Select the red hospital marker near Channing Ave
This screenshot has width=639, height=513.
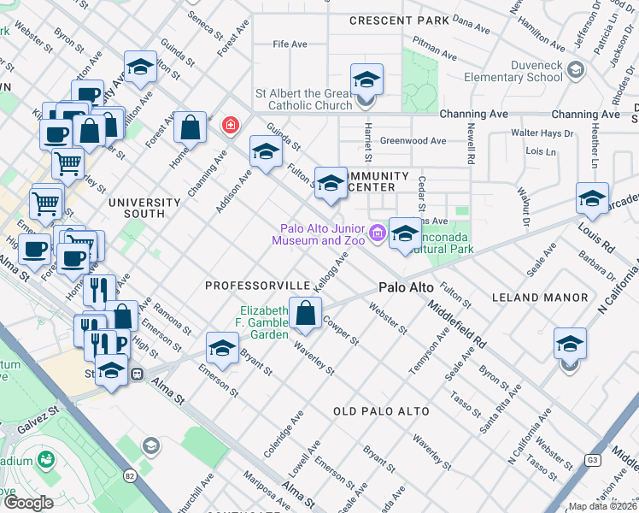point(229,127)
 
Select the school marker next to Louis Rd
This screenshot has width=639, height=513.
point(591,199)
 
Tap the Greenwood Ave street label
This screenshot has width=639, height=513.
point(413,141)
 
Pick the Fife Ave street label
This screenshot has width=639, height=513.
point(290,44)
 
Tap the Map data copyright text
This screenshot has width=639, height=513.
point(603,506)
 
